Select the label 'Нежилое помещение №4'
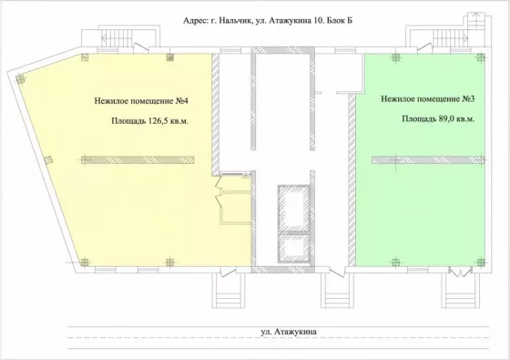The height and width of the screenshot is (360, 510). [141, 101]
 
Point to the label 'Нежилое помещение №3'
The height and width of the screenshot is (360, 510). [428, 98]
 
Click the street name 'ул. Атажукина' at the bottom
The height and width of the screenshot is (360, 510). [289, 332]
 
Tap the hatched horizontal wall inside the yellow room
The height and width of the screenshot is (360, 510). [138, 159]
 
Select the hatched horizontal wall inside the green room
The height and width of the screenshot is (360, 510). [428, 159]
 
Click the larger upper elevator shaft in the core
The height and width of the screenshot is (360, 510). [293, 209]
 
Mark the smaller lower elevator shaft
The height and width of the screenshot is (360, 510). [293, 248]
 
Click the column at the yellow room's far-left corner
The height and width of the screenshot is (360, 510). [20, 78]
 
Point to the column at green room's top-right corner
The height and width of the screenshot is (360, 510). [481, 57]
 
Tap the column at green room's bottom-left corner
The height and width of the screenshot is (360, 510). [395, 262]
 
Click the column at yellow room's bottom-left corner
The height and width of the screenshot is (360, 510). [84, 262]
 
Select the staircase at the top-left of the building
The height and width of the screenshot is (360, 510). [117, 38]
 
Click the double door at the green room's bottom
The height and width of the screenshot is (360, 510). [461, 273]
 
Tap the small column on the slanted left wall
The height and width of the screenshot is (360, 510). [48, 159]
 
